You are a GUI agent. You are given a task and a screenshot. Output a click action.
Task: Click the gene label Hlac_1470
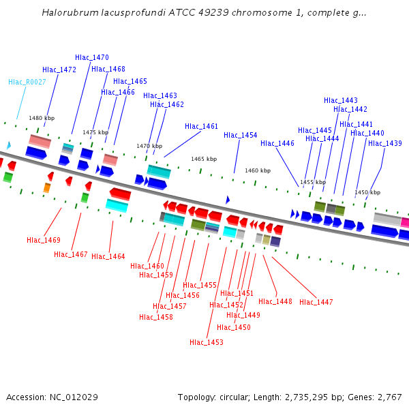click(92, 57)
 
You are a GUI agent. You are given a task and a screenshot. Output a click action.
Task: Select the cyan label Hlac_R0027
click(27, 82)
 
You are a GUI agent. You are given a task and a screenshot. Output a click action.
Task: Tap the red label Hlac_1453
click(207, 342)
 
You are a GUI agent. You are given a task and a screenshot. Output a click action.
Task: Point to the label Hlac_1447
click(316, 302)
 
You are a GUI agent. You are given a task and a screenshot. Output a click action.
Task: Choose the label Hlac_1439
click(385, 143)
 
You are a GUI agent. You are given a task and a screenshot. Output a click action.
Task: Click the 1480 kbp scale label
click(42, 118)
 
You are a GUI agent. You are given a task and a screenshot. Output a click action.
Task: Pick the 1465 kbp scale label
click(204, 159)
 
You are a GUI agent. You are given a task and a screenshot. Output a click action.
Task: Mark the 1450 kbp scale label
click(367, 192)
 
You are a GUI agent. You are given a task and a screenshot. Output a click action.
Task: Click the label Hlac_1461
click(202, 126)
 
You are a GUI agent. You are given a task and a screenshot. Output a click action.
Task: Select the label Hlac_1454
click(241, 135)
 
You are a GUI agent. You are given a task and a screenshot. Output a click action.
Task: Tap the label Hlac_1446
click(277, 143)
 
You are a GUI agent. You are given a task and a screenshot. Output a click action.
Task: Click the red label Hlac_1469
click(44, 240)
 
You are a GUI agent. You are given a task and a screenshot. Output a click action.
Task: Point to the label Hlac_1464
click(108, 256)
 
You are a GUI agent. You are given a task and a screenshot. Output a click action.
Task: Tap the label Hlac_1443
click(341, 100)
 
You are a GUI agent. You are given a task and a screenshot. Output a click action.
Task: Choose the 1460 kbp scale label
click(258, 170)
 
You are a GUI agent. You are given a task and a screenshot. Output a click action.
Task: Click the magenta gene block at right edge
click(405, 222)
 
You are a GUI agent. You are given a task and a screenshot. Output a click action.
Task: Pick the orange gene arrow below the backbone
click(47, 187)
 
